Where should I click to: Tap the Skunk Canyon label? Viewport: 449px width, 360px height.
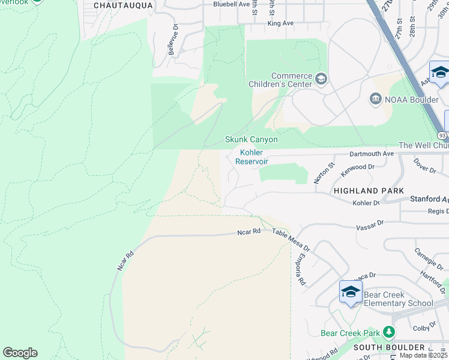click(251, 139)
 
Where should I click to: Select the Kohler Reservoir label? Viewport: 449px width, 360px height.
click(251, 157)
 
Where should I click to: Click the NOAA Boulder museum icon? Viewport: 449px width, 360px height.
click(376, 99)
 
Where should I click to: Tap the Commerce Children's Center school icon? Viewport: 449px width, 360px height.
click(321, 79)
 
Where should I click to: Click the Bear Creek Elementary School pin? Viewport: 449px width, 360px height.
click(351, 292)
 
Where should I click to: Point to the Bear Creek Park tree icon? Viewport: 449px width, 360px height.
click(389, 332)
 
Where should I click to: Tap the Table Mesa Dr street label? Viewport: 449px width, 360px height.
click(291, 240)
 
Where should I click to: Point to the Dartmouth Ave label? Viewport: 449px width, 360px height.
click(372, 154)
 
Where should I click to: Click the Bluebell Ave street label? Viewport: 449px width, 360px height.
click(231, 4)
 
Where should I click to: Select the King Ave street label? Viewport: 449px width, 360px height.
click(280, 23)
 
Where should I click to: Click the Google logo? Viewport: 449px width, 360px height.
click(20, 353)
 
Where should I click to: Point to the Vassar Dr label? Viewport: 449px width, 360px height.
click(369, 226)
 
